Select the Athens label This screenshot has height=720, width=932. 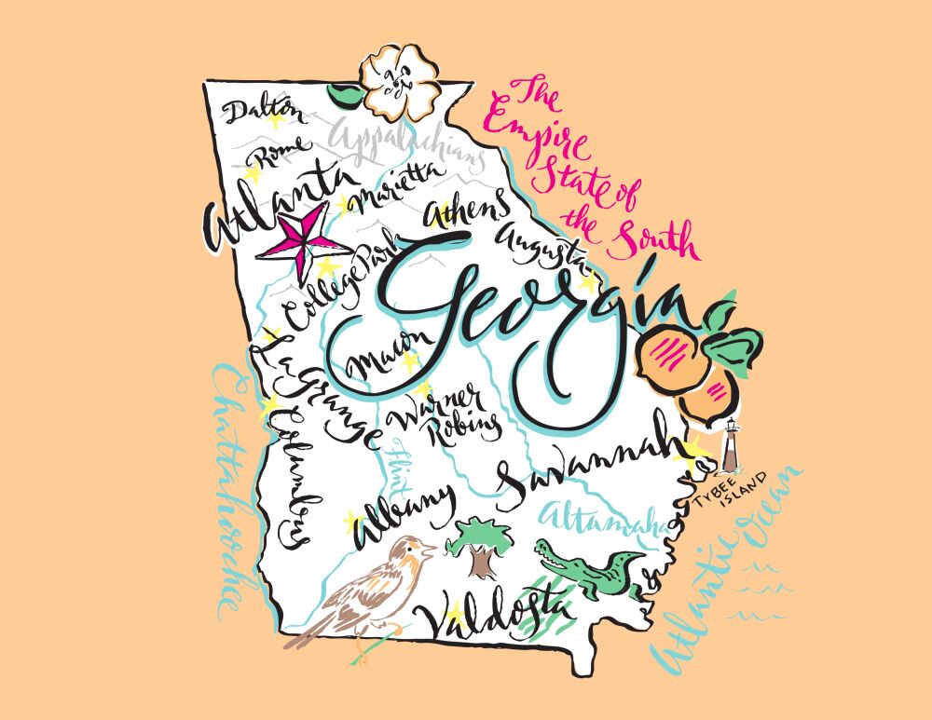[468, 207]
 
